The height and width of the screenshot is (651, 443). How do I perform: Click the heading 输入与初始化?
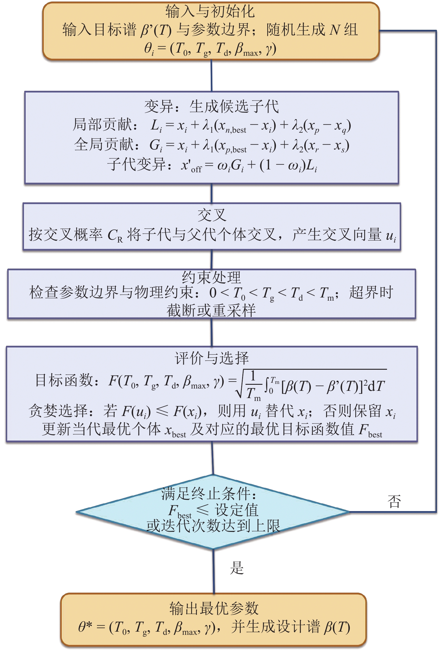pyautogui.click(x=210, y=12)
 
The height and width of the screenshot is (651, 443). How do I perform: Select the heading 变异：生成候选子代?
pyautogui.click(x=212, y=106)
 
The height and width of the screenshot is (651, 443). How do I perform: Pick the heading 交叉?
pyautogui.click(x=212, y=215)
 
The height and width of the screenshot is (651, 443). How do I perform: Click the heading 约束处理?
pyautogui.click(x=212, y=277)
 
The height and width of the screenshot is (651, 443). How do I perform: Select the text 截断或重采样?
pyautogui.click(x=212, y=310)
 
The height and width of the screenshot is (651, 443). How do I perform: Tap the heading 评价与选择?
pyautogui.click(x=212, y=358)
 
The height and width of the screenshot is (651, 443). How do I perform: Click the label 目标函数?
pyautogui.click(x=64, y=380)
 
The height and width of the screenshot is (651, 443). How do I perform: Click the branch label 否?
pyautogui.click(x=394, y=502)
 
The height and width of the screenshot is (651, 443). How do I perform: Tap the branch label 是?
pyautogui.click(x=237, y=568)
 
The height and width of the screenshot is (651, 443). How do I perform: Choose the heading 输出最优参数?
pyautogui.click(x=214, y=608)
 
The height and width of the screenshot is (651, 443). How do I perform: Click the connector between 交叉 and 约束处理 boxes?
pyautogui.click(x=212, y=260)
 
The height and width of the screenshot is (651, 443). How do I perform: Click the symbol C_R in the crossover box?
pyautogui.click(x=115, y=235)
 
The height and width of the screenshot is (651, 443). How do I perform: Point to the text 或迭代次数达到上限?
pyautogui.click(x=213, y=526)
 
